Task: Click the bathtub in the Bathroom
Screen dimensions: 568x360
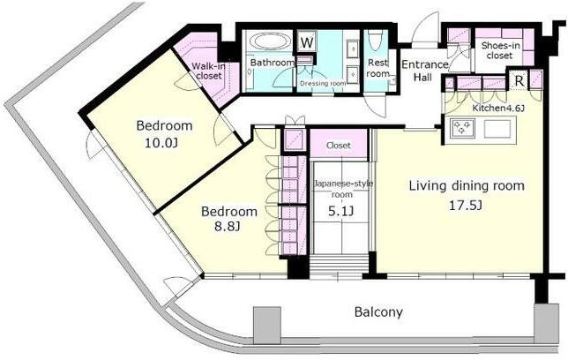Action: click(270, 41)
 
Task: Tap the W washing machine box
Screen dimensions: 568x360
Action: click(307, 42)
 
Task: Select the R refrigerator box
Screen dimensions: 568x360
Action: click(519, 81)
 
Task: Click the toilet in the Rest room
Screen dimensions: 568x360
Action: click(374, 40)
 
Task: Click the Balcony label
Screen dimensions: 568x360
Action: click(378, 311)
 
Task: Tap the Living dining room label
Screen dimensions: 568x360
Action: click(467, 186)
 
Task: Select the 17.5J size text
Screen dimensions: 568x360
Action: click(466, 206)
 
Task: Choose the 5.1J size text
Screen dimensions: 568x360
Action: click(340, 211)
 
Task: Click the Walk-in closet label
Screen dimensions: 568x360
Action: click(207, 71)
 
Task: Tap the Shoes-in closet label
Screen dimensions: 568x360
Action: click(500, 51)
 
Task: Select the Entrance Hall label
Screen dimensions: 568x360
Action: click(424, 71)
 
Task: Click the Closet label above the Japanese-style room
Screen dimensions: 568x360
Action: click(339, 146)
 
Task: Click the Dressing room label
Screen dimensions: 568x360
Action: click(323, 84)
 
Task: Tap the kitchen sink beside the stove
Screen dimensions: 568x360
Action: click(497, 128)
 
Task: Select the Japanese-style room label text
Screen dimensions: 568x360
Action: click(343, 189)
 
